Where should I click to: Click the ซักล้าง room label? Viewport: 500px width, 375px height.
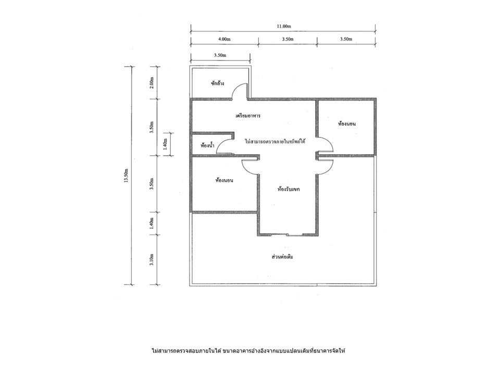coord(217,83)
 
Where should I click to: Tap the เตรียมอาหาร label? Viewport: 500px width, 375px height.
coord(248,116)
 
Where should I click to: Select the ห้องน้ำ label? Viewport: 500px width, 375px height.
coord(207,146)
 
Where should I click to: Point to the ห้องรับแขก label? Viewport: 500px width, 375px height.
coord(289,189)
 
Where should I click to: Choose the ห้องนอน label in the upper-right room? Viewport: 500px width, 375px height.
coord(347,124)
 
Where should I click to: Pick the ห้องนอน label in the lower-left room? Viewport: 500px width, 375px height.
coord(224,181)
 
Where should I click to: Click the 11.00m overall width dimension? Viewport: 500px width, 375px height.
coord(284,27)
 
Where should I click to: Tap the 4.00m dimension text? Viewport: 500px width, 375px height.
coord(224,39)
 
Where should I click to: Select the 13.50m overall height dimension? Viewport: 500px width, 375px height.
coord(126,175)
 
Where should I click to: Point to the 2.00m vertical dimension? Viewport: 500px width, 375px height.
coord(152,83)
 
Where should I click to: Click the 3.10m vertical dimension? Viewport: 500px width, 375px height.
coord(152,260)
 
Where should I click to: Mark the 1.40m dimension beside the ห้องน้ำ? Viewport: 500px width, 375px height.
coord(165,144)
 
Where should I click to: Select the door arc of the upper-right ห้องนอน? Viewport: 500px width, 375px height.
coord(330,142)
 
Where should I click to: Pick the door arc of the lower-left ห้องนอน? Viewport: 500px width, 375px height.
coord(246,169)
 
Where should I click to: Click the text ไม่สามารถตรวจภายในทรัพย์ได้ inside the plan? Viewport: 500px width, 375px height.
coord(275,141)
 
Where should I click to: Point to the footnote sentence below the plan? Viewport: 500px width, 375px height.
coord(249,351)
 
